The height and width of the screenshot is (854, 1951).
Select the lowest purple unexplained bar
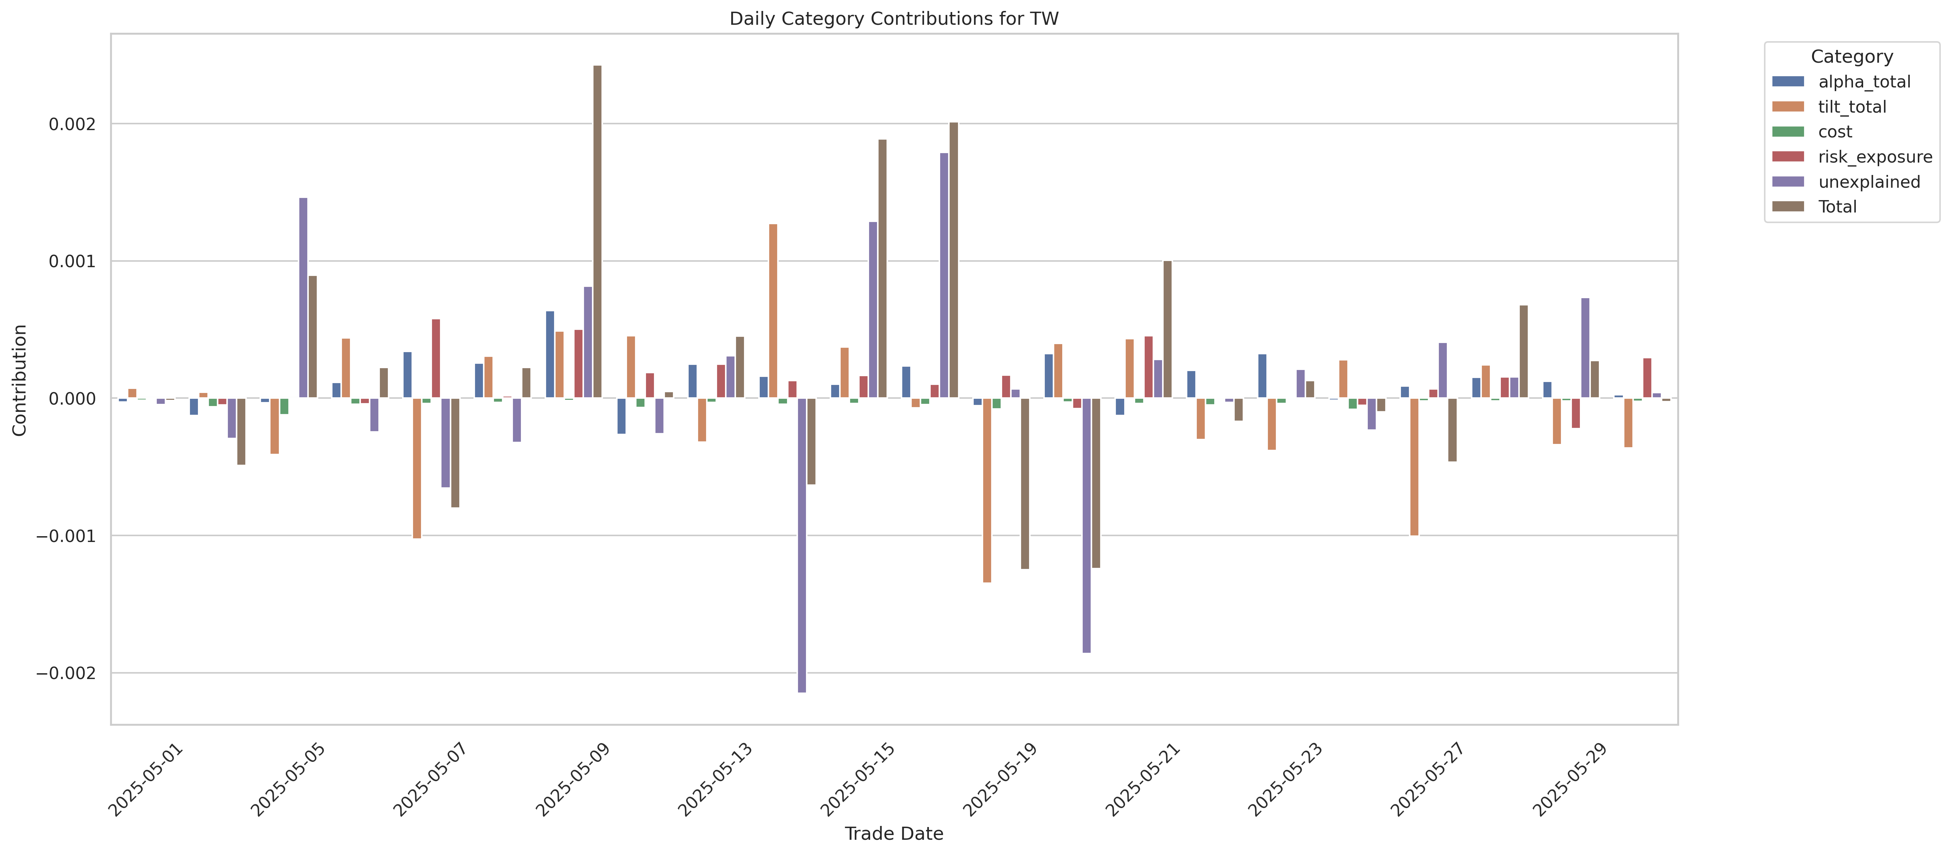801,545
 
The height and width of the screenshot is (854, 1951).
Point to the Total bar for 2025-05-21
1167,329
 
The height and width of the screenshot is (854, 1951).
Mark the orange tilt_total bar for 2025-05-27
1414,467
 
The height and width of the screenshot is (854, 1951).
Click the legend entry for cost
1834,132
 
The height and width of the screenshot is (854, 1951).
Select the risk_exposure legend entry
1874,157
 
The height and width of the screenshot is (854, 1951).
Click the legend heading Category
1851,57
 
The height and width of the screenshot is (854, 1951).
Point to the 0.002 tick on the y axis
73,124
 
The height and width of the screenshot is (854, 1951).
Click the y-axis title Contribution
20,380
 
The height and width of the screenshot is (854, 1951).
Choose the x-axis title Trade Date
894,834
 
